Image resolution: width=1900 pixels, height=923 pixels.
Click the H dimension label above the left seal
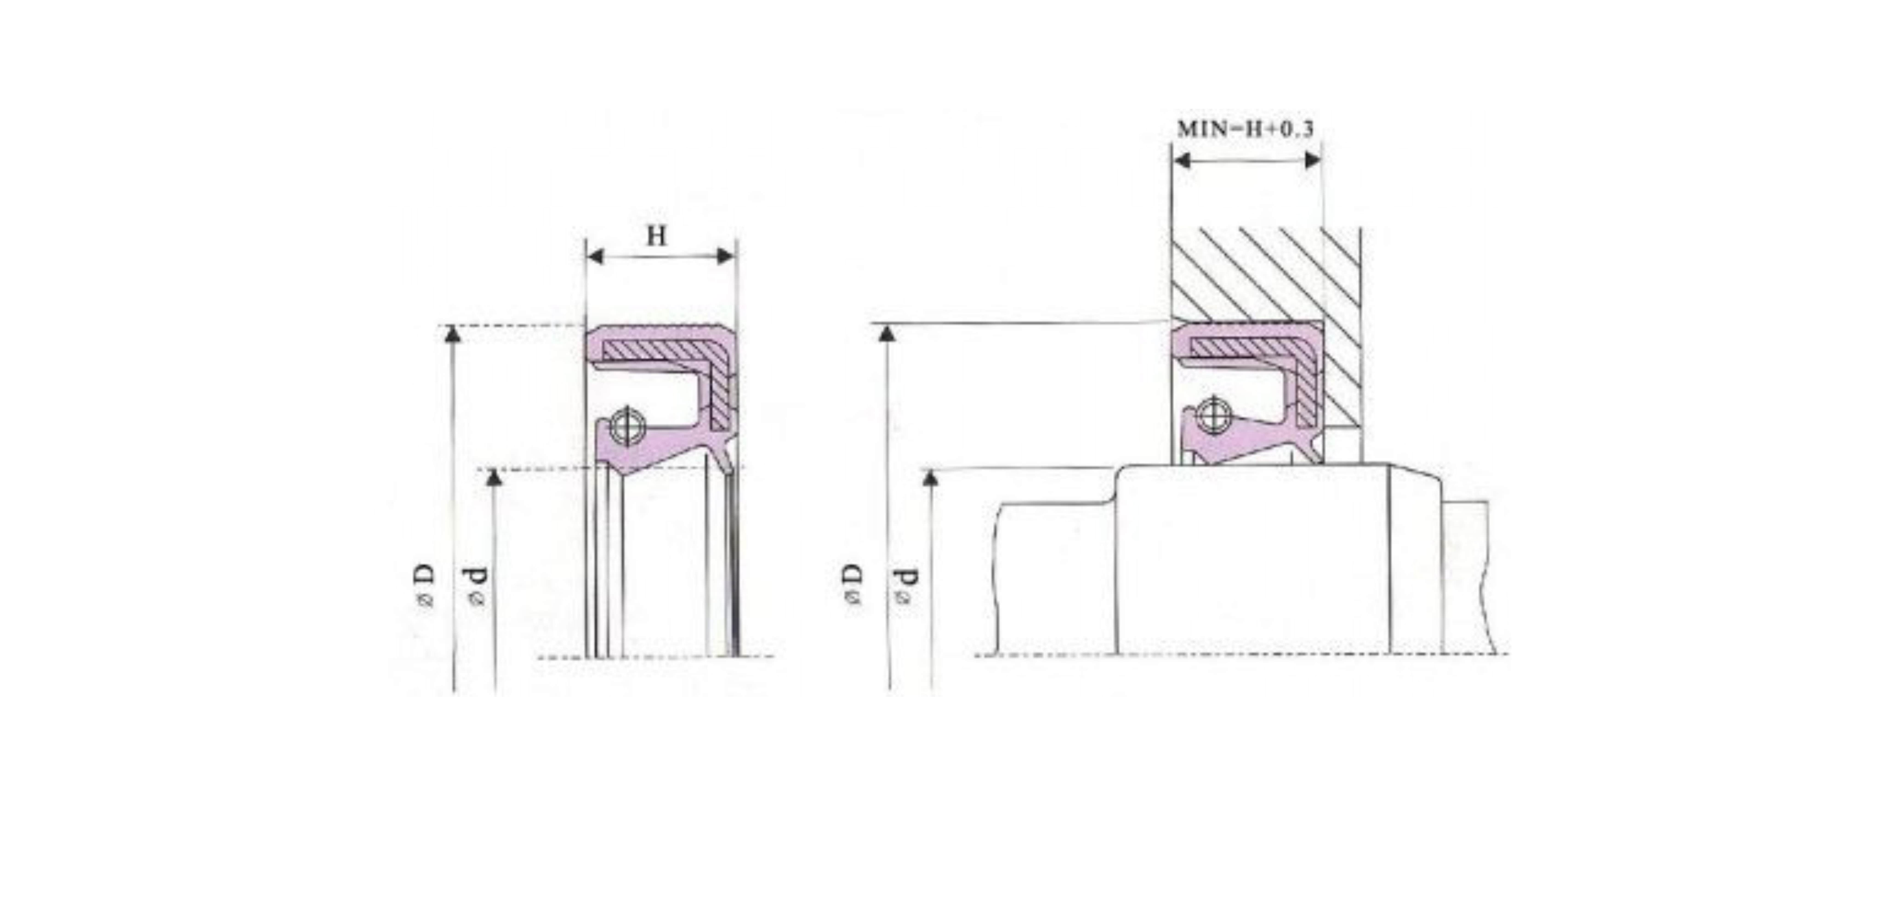pos(657,237)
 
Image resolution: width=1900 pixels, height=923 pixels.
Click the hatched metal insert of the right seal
pos(1246,347)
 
